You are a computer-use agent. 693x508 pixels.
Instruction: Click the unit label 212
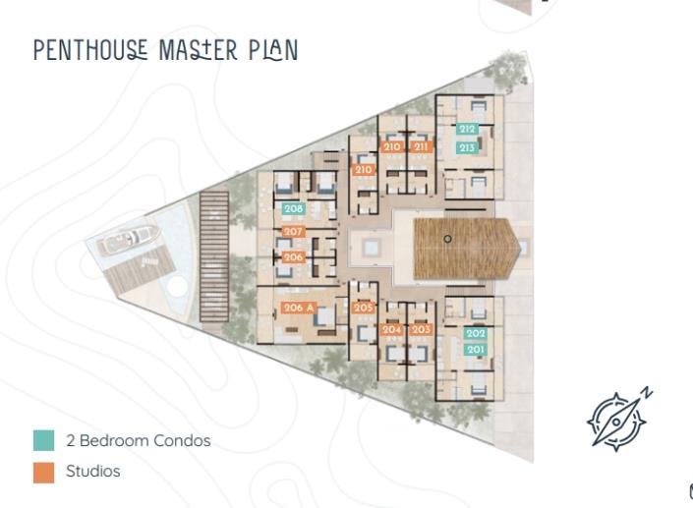pyautogui.click(x=467, y=129)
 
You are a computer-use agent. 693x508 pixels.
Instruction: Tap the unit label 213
pyautogui.click(x=467, y=147)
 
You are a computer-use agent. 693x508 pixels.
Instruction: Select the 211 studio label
pyautogui.click(x=422, y=147)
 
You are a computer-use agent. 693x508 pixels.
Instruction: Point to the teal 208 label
pyautogui.click(x=293, y=208)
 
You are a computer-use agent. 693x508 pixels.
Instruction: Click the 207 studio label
pyautogui.click(x=293, y=232)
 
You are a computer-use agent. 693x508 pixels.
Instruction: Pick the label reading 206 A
pyautogui.click(x=298, y=308)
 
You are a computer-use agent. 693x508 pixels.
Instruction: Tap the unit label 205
pyautogui.click(x=364, y=308)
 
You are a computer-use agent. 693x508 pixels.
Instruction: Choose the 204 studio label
pyautogui.click(x=392, y=329)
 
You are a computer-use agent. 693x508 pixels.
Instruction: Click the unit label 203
pyautogui.click(x=421, y=329)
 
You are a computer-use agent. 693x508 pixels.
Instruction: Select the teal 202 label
pyautogui.click(x=476, y=333)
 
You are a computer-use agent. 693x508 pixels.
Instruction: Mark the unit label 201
pyautogui.click(x=476, y=350)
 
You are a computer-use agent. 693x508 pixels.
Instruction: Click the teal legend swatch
pyautogui.click(x=43, y=440)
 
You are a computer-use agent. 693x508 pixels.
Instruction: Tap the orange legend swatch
pyautogui.click(x=43, y=472)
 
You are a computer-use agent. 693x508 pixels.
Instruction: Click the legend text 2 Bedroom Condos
pyautogui.click(x=138, y=440)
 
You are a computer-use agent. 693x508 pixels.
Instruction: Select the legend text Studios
pyautogui.click(x=93, y=472)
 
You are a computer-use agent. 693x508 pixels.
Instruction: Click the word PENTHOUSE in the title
pyautogui.click(x=89, y=49)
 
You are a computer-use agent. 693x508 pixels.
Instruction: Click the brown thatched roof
pyautogui.click(x=462, y=246)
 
